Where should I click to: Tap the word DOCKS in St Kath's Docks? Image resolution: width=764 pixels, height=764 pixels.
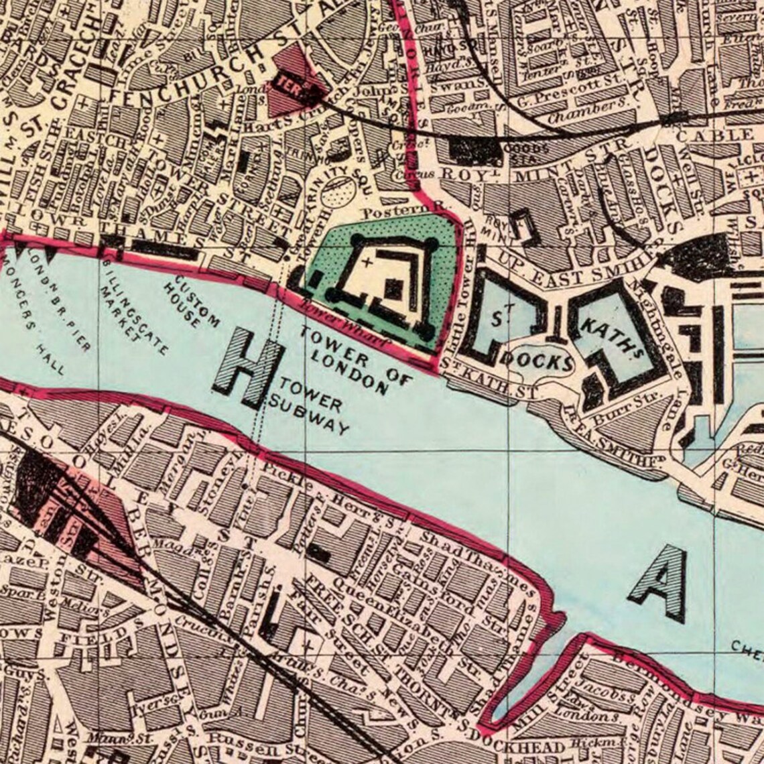click(536, 361)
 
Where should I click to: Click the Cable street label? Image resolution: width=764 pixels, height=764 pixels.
click(714, 135)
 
